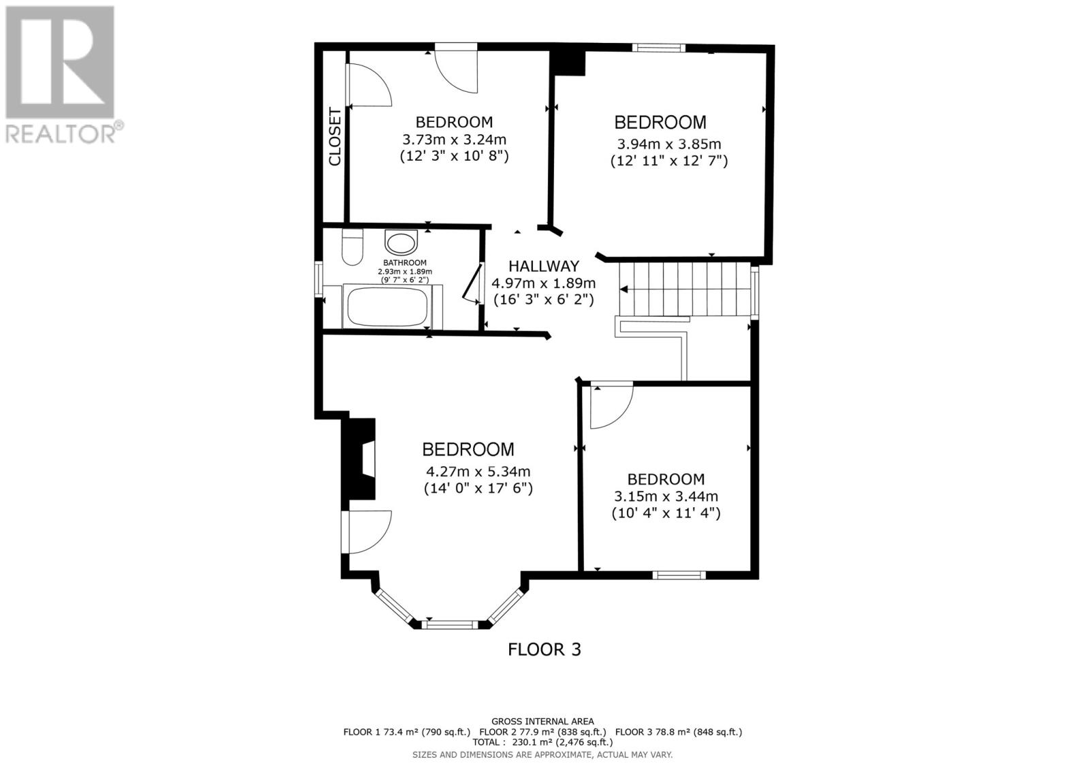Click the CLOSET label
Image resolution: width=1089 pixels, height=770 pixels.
335,137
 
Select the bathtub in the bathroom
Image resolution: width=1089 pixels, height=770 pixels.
388,307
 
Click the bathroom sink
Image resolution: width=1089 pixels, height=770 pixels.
401,242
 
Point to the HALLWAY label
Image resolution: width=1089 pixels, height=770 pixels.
544,266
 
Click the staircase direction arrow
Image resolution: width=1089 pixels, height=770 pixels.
624,289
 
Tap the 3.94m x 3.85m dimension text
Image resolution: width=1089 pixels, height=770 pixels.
669,144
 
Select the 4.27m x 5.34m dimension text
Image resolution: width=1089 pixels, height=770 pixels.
478,471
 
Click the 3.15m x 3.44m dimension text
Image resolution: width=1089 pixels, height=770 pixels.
666,496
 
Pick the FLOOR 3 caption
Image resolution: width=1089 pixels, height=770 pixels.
544,649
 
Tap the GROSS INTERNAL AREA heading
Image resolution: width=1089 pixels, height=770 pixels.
542,721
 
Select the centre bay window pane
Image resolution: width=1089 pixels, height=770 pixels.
449,623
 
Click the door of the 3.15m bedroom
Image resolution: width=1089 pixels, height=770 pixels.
610,406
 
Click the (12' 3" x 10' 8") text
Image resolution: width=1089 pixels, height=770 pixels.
454,156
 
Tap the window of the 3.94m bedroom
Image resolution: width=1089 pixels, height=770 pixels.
657,48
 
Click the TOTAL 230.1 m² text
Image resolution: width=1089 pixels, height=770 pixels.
542,743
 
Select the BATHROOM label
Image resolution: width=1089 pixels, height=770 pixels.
404,263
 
